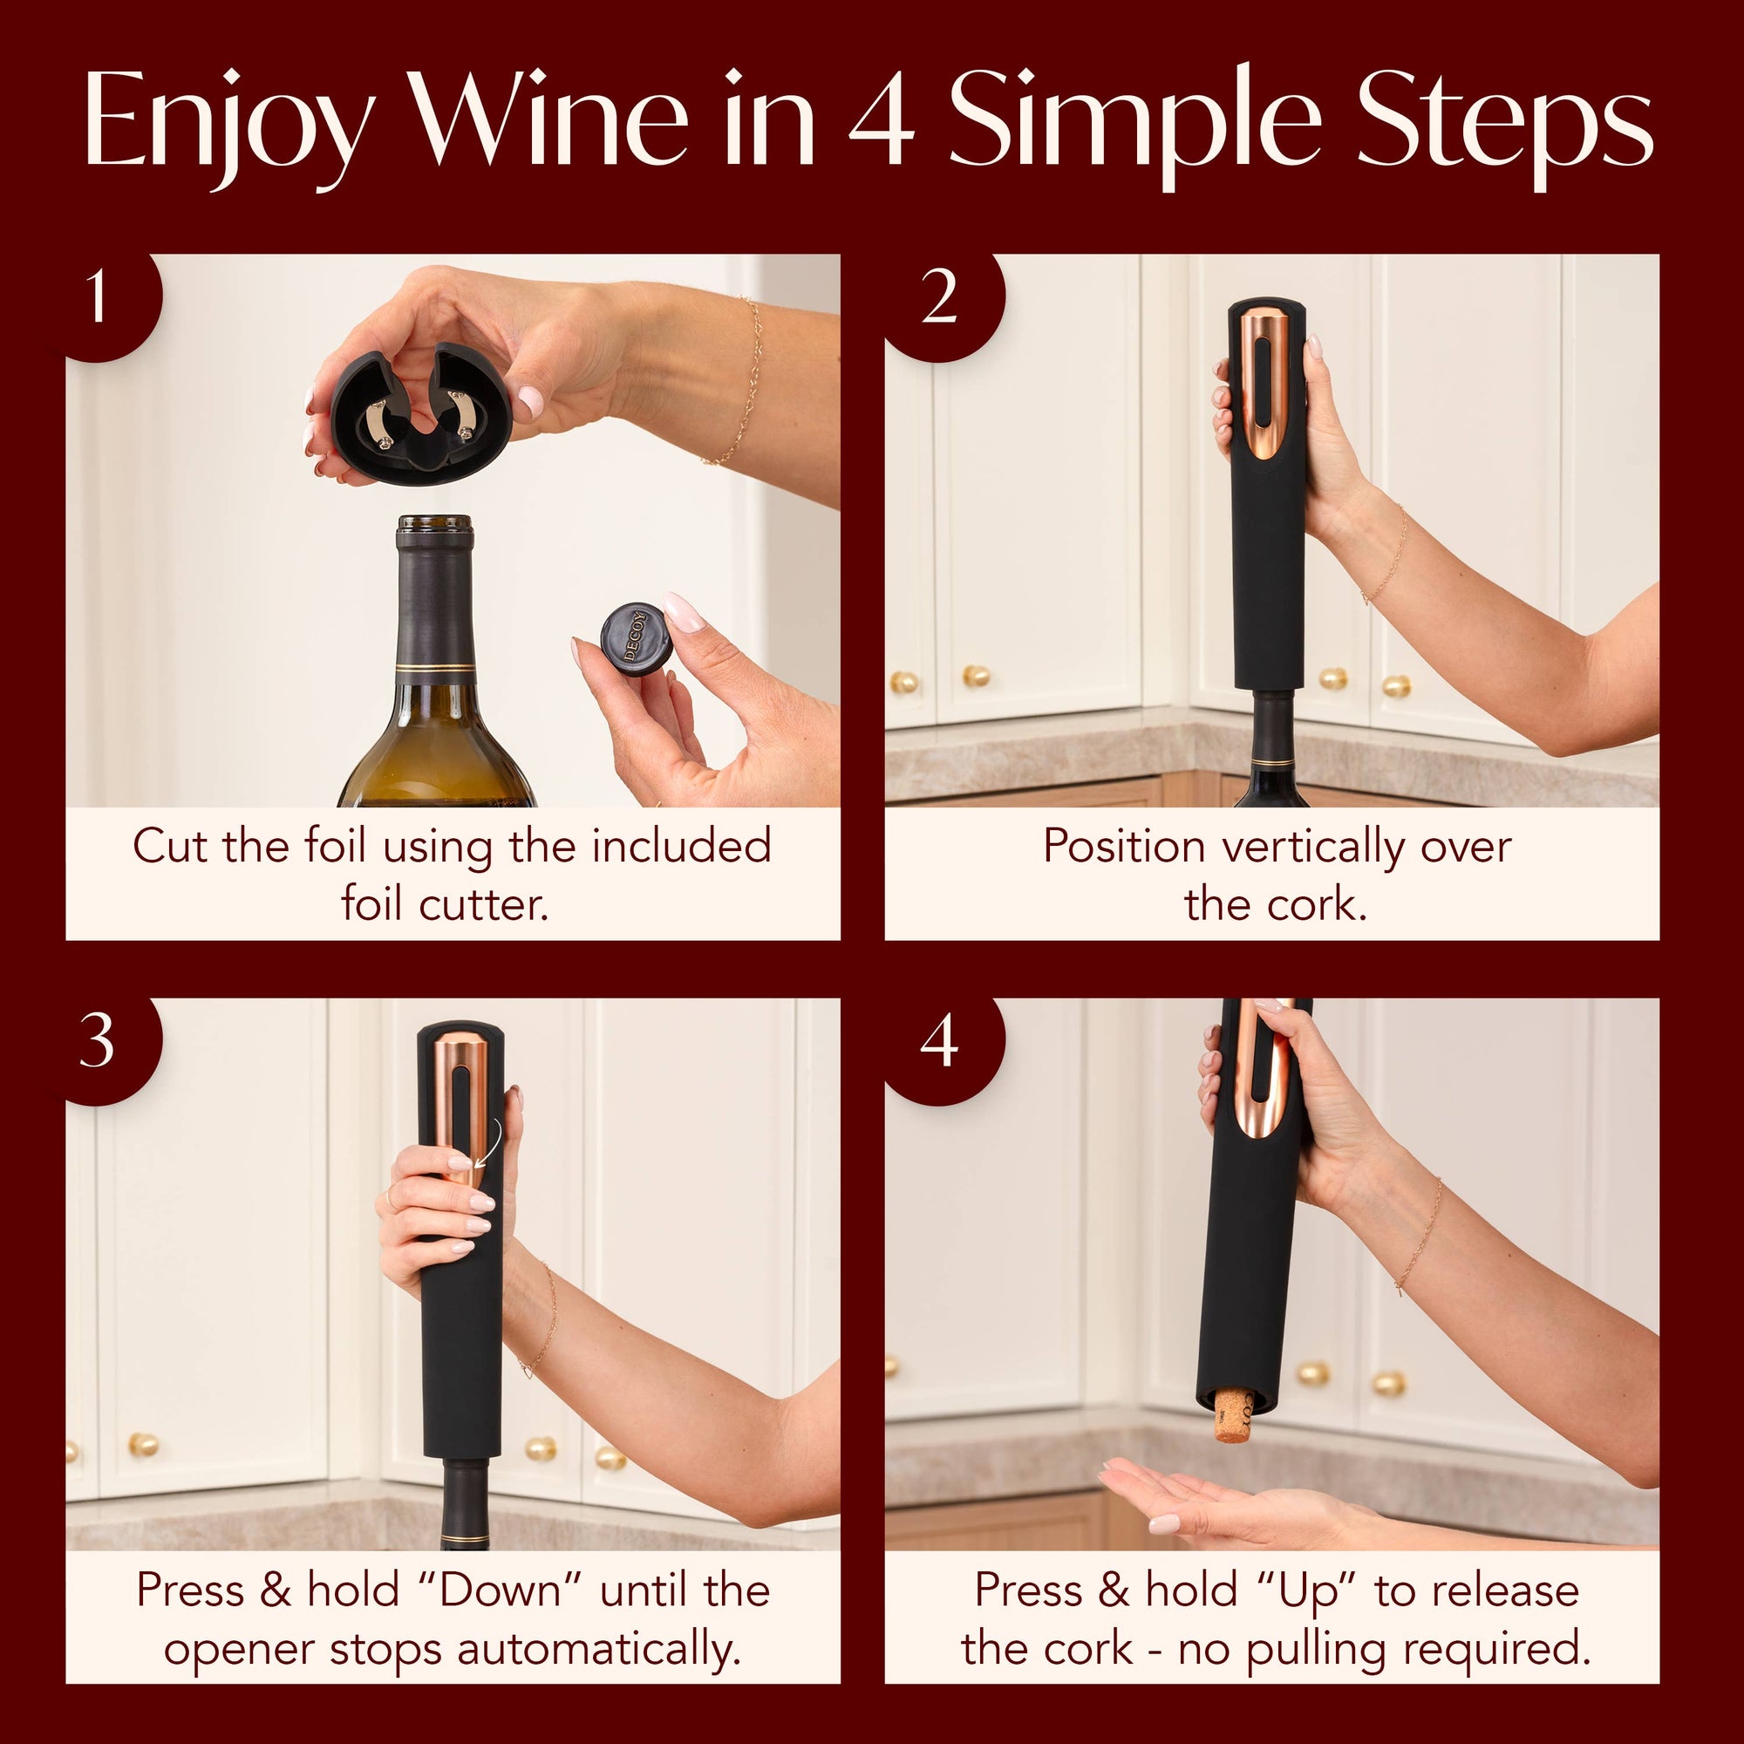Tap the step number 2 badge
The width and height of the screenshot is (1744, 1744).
tap(939, 298)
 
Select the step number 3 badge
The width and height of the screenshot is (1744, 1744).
tap(98, 1042)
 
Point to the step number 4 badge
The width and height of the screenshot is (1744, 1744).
tap(939, 1042)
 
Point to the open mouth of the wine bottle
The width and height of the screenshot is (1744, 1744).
tap(435, 523)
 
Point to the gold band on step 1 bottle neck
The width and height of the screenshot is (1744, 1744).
tap(435, 668)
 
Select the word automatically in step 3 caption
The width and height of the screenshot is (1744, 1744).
tap(599, 1650)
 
